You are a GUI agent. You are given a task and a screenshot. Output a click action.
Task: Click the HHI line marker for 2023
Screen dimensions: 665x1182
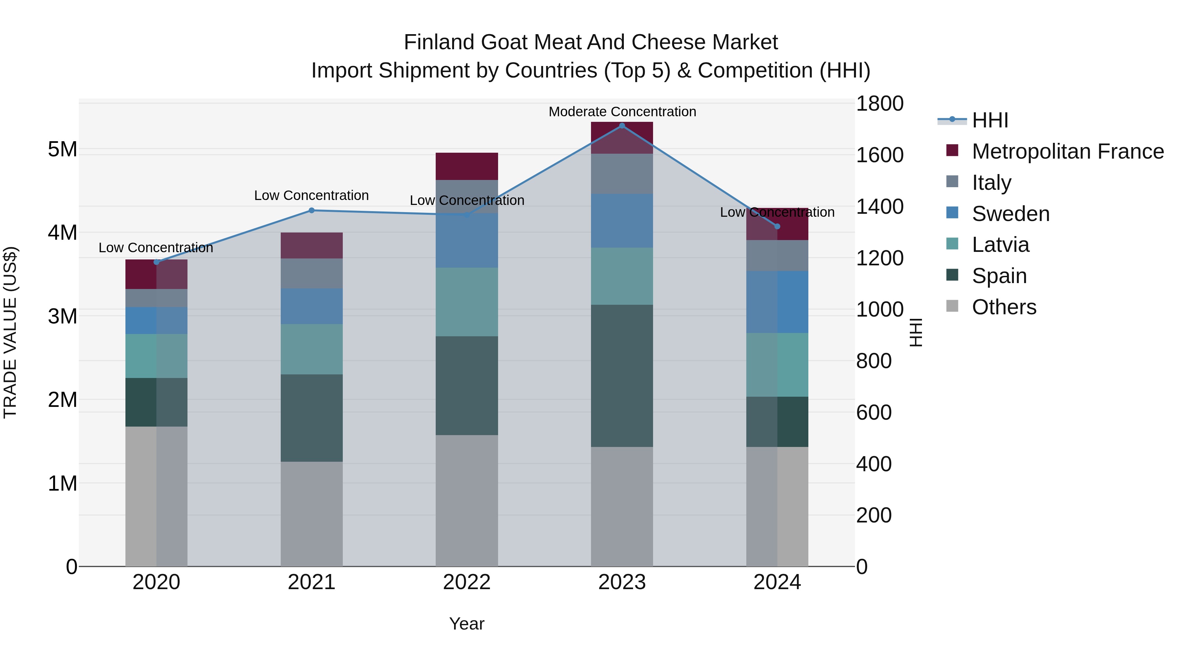coord(622,126)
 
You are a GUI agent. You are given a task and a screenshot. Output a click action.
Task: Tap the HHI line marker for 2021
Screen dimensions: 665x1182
coord(312,211)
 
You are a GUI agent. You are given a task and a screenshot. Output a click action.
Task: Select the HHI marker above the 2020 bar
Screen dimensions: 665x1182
coord(157,262)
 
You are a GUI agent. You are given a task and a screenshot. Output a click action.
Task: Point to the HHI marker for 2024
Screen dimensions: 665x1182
coord(777,226)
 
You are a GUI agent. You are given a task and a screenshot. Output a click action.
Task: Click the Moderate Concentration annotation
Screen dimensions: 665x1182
coord(622,112)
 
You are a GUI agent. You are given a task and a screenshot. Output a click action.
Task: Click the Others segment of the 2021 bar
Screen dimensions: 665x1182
coord(312,514)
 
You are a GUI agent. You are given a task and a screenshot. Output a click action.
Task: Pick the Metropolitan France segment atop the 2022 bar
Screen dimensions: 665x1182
coord(467,166)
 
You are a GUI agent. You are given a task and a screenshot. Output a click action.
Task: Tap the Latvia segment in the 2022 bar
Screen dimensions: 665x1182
coord(467,302)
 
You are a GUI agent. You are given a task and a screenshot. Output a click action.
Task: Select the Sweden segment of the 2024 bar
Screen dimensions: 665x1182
coord(777,302)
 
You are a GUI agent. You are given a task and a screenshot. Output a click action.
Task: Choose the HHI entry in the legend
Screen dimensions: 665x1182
coord(990,120)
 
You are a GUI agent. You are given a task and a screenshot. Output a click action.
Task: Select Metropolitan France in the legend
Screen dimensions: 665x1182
coord(1067,151)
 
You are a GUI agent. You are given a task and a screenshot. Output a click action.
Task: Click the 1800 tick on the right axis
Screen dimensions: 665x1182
coord(880,104)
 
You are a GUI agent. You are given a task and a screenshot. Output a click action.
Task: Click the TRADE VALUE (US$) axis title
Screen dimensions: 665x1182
coord(10,332)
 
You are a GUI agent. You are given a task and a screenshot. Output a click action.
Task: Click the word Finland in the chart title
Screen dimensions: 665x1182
coord(439,42)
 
